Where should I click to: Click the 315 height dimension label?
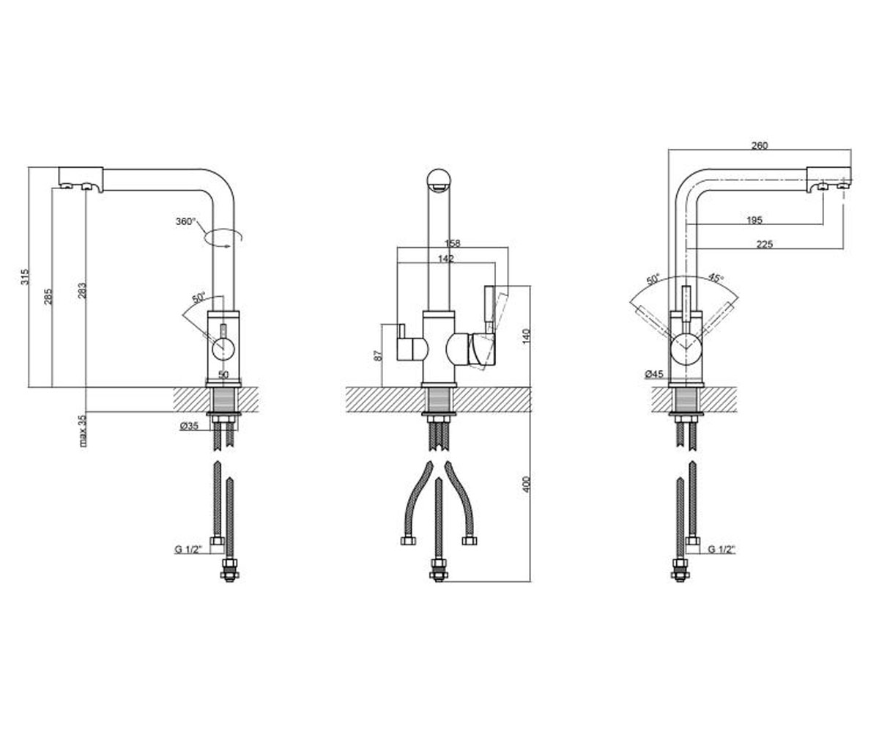pos(25,277)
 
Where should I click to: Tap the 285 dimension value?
pos(49,297)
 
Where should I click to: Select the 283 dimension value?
pos(83,291)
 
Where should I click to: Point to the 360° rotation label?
pos(186,221)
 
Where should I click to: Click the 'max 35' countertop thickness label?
pos(84,430)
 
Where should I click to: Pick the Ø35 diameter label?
pos(189,426)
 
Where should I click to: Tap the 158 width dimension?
pos(453,243)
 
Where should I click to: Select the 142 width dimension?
pos(446,258)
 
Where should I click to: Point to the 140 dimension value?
pos(526,336)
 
